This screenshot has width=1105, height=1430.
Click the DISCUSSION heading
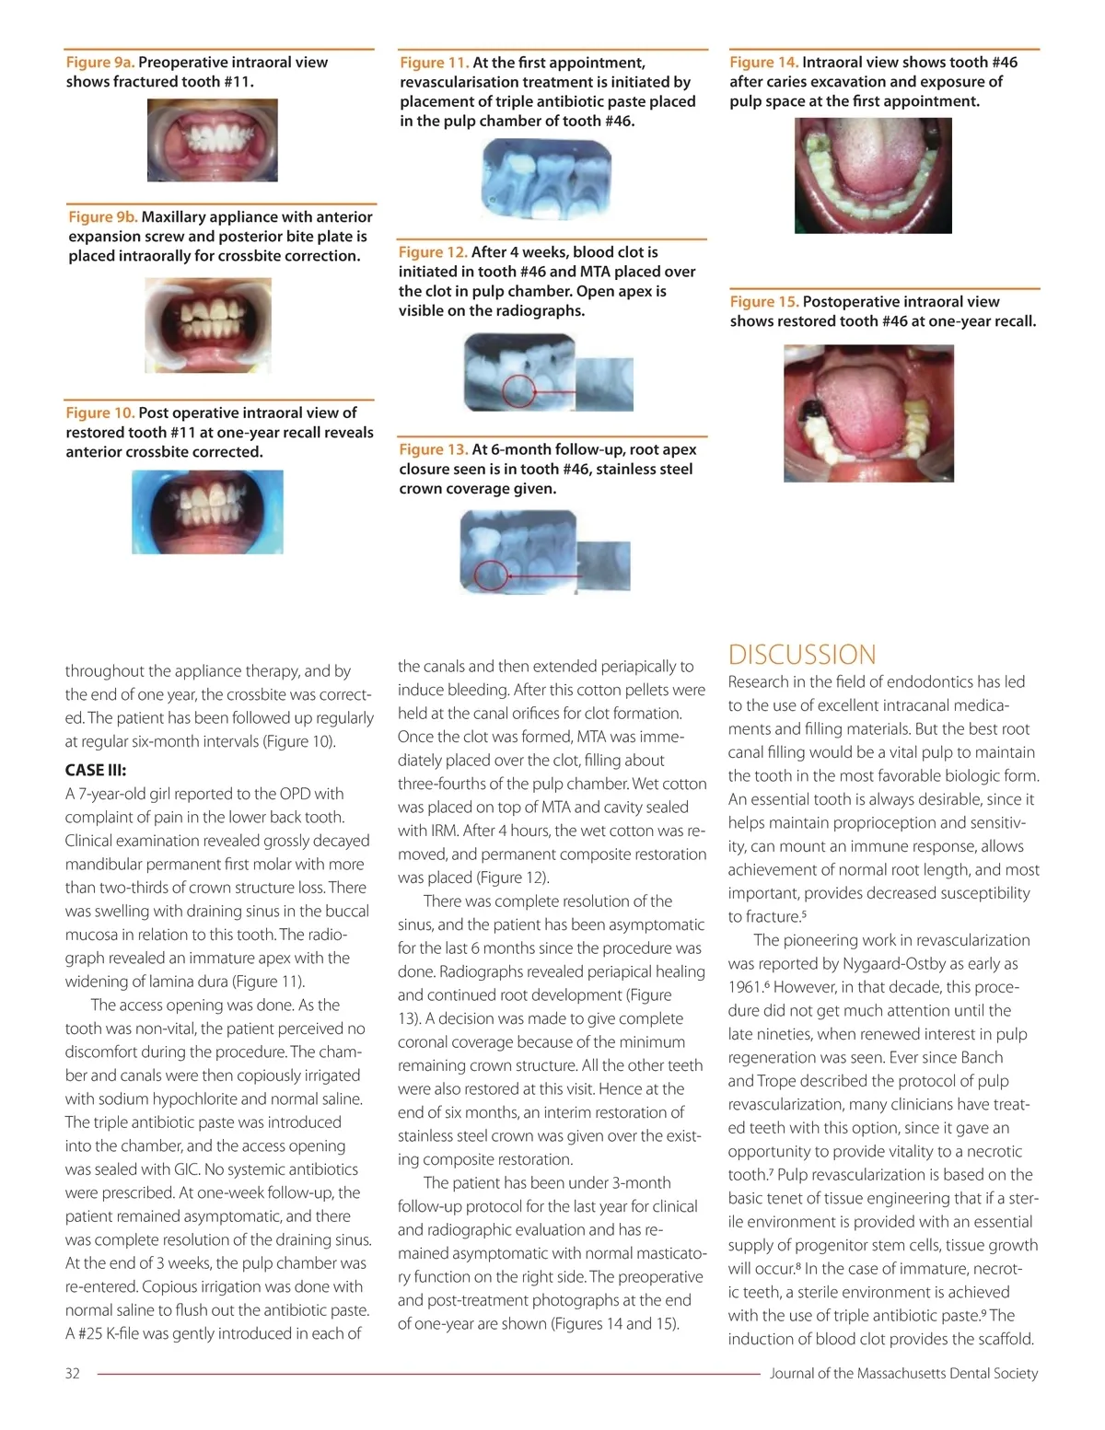click(802, 655)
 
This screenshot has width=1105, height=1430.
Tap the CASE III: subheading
click(96, 770)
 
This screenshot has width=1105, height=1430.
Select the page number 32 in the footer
click(73, 1373)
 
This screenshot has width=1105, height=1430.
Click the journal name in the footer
click(903, 1373)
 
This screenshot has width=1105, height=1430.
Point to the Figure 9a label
click(100, 63)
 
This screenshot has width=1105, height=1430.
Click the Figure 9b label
click(103, 217)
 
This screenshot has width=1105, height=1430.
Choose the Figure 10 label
click(100, 413)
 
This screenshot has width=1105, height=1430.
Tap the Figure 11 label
click(434, 63)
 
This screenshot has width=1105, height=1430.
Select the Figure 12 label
click(433, 252)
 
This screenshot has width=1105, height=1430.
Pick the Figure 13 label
click(434, 449)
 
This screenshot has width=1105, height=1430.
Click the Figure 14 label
click(763, 63)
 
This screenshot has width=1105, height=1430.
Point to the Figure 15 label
click(764, 302)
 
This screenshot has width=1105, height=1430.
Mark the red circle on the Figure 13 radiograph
click(491, 575)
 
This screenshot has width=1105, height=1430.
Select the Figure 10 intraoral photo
click(207, 511)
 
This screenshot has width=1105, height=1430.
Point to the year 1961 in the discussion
click(744, 987)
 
